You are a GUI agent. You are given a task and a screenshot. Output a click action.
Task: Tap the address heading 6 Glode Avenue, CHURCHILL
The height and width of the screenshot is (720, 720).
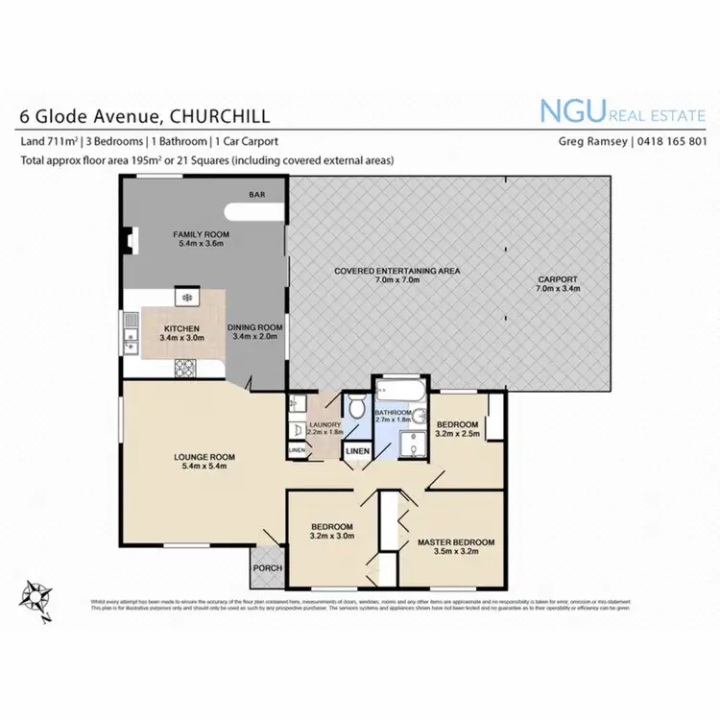[x=145, y=116]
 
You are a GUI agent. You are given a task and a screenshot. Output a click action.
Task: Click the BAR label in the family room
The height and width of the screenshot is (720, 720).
[x=256, y=195]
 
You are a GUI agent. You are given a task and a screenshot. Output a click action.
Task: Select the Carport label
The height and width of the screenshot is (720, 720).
[x=558, y=284]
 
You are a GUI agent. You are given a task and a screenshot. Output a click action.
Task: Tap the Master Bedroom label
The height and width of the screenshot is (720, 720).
[x=456, y=548]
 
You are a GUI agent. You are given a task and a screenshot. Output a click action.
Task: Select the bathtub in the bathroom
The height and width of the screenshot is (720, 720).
[x=396, y=391]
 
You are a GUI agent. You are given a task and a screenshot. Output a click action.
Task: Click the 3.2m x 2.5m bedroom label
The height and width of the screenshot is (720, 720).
[x=458, y=429]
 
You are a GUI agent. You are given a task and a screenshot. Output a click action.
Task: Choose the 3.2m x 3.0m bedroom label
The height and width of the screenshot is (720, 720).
[x=332, y=533]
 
